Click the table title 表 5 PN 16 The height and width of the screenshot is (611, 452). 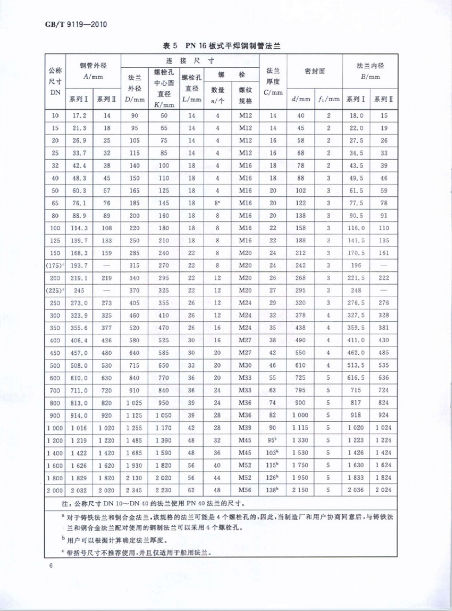221,46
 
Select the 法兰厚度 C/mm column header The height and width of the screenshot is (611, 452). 273,81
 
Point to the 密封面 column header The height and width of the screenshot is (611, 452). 314,71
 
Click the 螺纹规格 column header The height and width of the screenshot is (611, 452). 245,95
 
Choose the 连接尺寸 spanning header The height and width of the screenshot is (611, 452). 190,61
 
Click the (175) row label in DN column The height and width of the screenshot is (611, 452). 55,265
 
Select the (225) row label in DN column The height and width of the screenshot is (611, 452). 55,291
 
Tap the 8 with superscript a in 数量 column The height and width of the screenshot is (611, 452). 217,203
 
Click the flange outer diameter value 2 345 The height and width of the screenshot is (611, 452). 134,490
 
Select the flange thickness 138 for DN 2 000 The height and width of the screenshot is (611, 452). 272,490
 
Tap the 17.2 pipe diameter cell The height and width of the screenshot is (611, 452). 79,115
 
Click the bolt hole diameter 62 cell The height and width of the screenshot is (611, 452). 191,490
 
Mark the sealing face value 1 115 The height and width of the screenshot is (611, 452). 300,427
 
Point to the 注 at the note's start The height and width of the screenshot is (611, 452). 65,504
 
